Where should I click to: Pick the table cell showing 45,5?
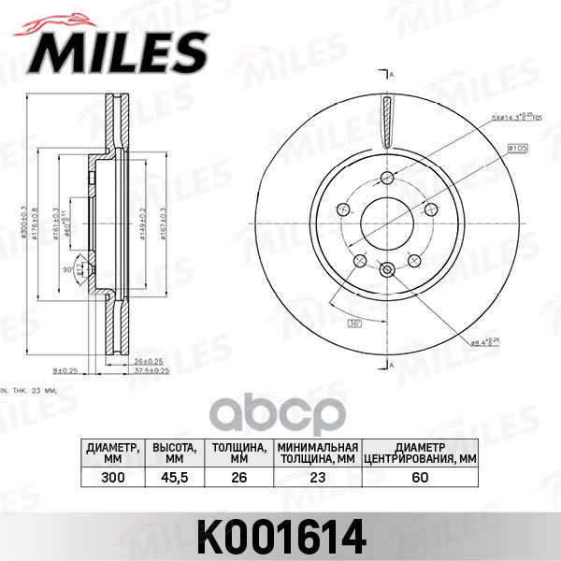(174, 477)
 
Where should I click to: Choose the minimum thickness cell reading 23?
(318, 477)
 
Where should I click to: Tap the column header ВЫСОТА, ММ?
(174, 453)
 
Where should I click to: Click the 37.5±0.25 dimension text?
(150, 370)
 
